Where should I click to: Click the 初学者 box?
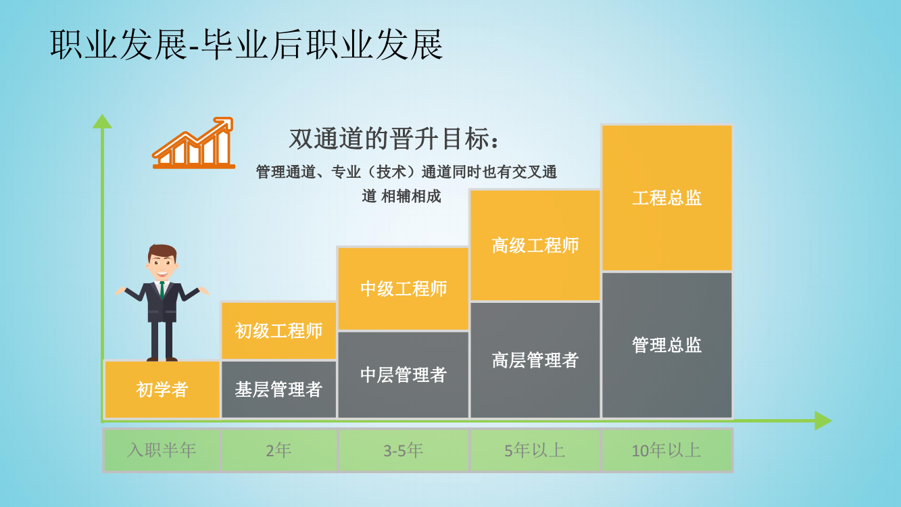pyautogui.click(x=162, y=389)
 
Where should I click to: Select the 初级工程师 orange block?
pyautogui.click(x=278, y=331)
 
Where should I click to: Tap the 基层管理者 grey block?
pyautogui.click(x=278, y=389)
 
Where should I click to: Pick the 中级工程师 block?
pyautogui.click(x=403, y=289)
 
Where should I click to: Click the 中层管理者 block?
pyautogui.click(x=403, y=375)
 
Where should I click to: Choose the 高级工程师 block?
pyautogui.click(x=535, y=245)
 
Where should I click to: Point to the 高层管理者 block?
pyautogui.click(x=535, y=360)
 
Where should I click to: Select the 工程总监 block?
pyautogui.click(x=667, y=197)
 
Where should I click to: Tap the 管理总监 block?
pyautogui.click(x=667, y=345)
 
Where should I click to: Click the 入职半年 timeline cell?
pyautogui.click(x=162, y=450)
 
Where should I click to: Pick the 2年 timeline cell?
pyautogui.click(x=278, y=450)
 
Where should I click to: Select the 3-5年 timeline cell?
pyautogui.click(x=404, y=450)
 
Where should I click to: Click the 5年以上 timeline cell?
pyautogui.click(x=535, y=450)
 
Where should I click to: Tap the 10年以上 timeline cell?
pyautogui.click(x=667, y=450)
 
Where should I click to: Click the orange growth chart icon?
pyautogui.click(x=193, y=143)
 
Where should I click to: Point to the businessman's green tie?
pyautogui.click(x=162, y=290)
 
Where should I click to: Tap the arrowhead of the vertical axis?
pyautogui.click(x=102, y=121)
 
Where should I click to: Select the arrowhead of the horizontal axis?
pyautogui.click(x=823, y=420)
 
